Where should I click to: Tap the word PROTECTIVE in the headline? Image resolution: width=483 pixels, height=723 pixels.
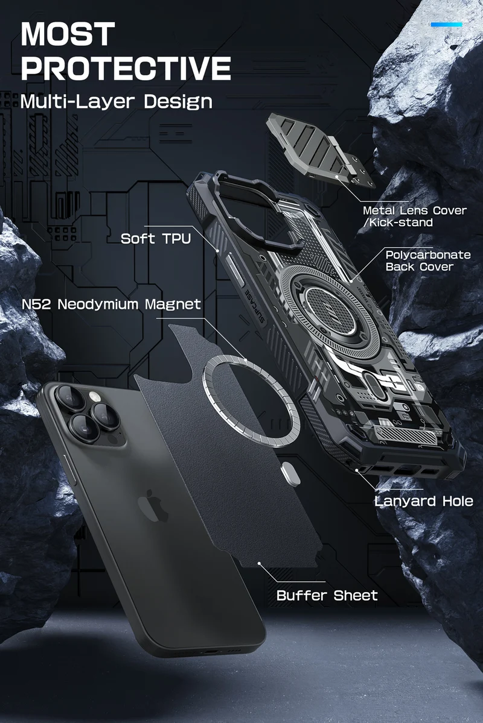[x=126, y=68]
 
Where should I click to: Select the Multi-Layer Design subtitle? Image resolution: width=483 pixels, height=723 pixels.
[x=117, y=101]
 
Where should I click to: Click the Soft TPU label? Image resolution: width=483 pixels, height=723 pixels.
[x=156, y=238]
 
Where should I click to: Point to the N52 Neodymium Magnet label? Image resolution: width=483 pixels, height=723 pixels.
[x=111, y=305]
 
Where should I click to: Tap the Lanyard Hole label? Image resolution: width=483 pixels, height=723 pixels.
[x=423, y=500]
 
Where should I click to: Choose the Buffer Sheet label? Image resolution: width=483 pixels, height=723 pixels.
[x=327, y=595]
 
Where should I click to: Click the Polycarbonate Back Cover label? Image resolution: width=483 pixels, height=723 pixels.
[x=428, y=260]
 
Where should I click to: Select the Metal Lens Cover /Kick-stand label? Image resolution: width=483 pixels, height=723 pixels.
[x=415, y=216]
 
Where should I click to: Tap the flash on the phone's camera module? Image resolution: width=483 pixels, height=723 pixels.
[x=95, y=397]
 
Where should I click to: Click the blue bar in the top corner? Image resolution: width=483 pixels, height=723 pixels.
[x=447, y=25]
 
